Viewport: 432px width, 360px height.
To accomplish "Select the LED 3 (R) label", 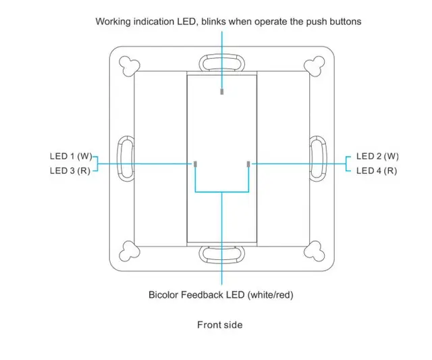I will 69,171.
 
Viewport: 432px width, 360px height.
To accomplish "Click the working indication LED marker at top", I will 222,91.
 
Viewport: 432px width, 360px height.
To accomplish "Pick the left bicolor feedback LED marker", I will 195,164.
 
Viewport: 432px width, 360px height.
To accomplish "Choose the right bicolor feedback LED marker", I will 248,164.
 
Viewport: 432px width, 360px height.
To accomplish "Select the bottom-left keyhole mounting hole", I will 128,253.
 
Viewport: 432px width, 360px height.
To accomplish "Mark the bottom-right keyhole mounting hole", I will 315,253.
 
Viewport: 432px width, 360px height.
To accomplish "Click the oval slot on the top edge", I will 222,63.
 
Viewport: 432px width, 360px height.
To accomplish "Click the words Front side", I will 219,325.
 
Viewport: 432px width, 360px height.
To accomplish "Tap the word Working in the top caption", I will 113,22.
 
